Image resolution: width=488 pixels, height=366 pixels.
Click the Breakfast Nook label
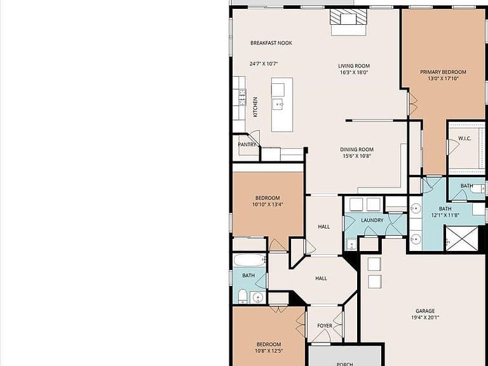[271, 43]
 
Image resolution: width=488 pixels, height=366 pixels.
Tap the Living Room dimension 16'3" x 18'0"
[354, 72]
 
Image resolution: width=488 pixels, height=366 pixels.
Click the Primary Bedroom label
[443, 72]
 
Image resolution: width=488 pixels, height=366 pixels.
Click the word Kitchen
[255, 107]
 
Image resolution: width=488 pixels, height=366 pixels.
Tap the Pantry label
[247, 144]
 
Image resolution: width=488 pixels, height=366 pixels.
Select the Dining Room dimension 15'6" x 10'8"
[356, 156]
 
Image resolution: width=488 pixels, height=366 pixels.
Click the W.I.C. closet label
[464, 139]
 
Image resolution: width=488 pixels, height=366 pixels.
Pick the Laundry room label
[372, 220]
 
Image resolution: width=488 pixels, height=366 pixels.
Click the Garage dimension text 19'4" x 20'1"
[425, 318]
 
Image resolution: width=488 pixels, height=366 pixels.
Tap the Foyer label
[325, 325]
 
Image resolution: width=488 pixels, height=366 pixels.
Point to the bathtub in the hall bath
[249, 260]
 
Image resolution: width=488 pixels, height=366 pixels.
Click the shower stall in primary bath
[462, 238]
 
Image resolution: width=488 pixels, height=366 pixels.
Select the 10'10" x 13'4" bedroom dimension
[268, 205]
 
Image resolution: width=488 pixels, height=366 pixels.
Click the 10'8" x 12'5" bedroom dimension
[269, 351]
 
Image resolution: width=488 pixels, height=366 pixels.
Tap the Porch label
[344, 363]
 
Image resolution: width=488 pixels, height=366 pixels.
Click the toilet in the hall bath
[243, 296]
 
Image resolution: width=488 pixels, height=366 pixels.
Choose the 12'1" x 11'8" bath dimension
[445, 215]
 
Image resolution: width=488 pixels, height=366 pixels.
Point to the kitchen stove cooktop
[242, 97]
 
